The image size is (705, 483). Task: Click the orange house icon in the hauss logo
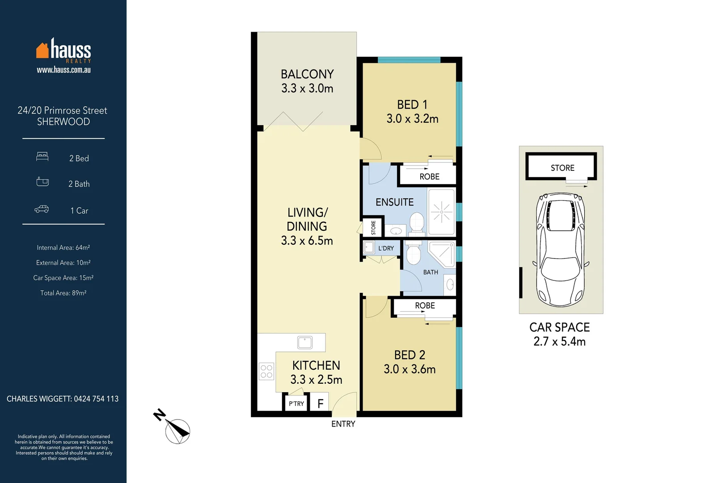tap(42, 51)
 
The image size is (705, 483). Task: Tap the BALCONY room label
tap(307, 74)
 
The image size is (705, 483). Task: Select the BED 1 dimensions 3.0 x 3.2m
tap(412, 119)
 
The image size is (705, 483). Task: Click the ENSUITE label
tap(394, 202)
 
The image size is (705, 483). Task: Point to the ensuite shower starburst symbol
tap(441, 212)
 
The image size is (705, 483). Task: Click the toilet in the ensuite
tap(417, 222)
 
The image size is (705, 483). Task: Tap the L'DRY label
tap(386, 248)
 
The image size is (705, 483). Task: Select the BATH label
tap(431, 272)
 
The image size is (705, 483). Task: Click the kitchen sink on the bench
tap(305, 343)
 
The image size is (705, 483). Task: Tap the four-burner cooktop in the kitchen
tap(266, 371)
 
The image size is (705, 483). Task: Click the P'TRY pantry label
tap(296, 403)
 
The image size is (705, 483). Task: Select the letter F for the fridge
tap(320, 404)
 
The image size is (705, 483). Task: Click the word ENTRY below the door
tap(343, 424)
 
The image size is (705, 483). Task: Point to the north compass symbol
tap(177, 431)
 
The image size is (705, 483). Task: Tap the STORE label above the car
tap(562, 168)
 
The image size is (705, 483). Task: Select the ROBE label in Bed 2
tap(425, 305)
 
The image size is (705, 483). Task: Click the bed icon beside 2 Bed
tap(42, 157)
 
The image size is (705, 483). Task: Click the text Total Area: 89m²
tap(63, 293)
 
